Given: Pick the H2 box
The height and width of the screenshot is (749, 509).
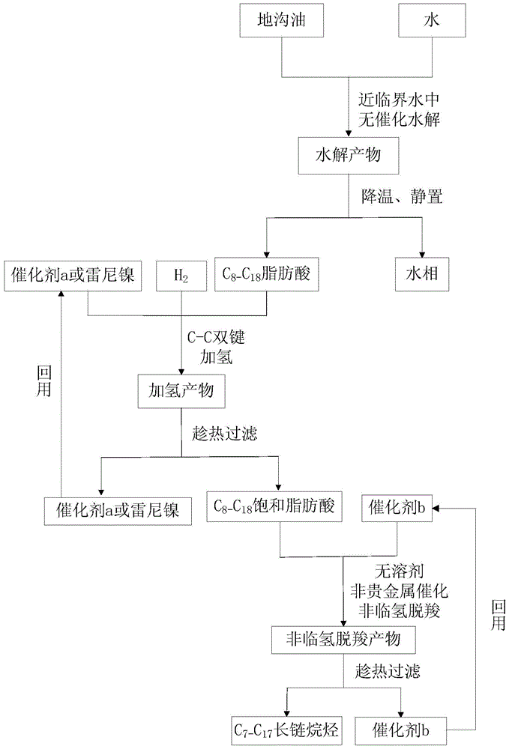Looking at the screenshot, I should [x=181, y=276].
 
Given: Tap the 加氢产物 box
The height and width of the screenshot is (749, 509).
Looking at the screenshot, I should [x=181, y=391].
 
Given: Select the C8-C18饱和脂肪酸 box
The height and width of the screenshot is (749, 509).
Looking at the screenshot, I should [x=280, y=508].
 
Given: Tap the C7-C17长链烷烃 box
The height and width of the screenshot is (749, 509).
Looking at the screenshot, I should [x=286, y=727].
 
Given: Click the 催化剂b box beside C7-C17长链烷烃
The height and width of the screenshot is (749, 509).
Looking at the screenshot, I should [x=404, y=727].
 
